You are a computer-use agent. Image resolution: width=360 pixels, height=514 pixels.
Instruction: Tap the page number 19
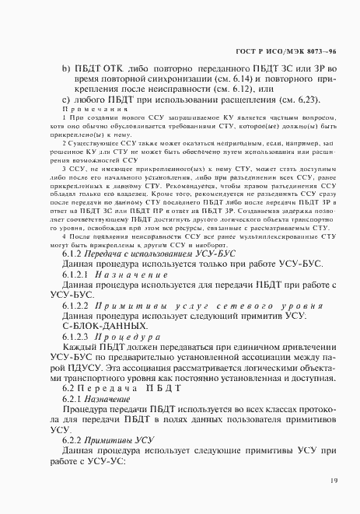[333, 481]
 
